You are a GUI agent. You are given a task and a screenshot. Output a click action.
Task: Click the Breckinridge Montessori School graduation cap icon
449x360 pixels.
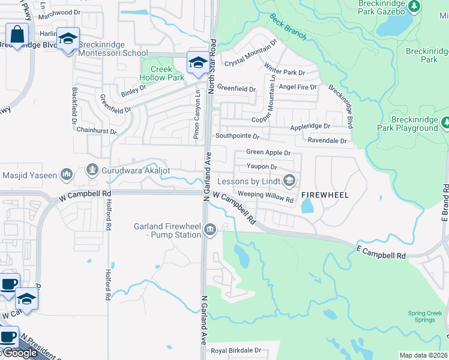[68, 39]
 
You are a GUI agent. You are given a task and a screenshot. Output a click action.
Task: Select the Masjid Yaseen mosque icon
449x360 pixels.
[66, 175]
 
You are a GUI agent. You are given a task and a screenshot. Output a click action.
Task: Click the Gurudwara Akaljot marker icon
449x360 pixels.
[92, 170]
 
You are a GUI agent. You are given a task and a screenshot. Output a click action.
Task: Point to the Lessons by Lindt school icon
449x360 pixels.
[289, 181]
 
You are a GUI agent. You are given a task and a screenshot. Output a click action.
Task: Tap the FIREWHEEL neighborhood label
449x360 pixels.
[325, 195]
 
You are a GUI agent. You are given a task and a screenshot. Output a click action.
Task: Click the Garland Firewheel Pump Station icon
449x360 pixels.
[210, 229]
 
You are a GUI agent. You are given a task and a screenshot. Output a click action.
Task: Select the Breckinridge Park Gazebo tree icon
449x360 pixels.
[414, 6]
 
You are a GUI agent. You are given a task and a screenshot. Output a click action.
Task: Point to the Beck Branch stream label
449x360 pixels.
[288, 26]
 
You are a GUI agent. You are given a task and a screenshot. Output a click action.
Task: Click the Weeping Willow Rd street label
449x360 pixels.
[265, 196]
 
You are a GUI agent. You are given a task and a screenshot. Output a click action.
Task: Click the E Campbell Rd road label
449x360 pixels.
[381, 252]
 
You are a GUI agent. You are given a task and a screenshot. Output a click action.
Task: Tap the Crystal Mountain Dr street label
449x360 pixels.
[251, 53]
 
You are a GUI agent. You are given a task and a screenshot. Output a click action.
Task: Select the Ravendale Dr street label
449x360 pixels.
[328, 141]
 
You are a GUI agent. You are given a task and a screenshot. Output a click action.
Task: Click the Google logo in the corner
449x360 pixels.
[20, 353]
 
